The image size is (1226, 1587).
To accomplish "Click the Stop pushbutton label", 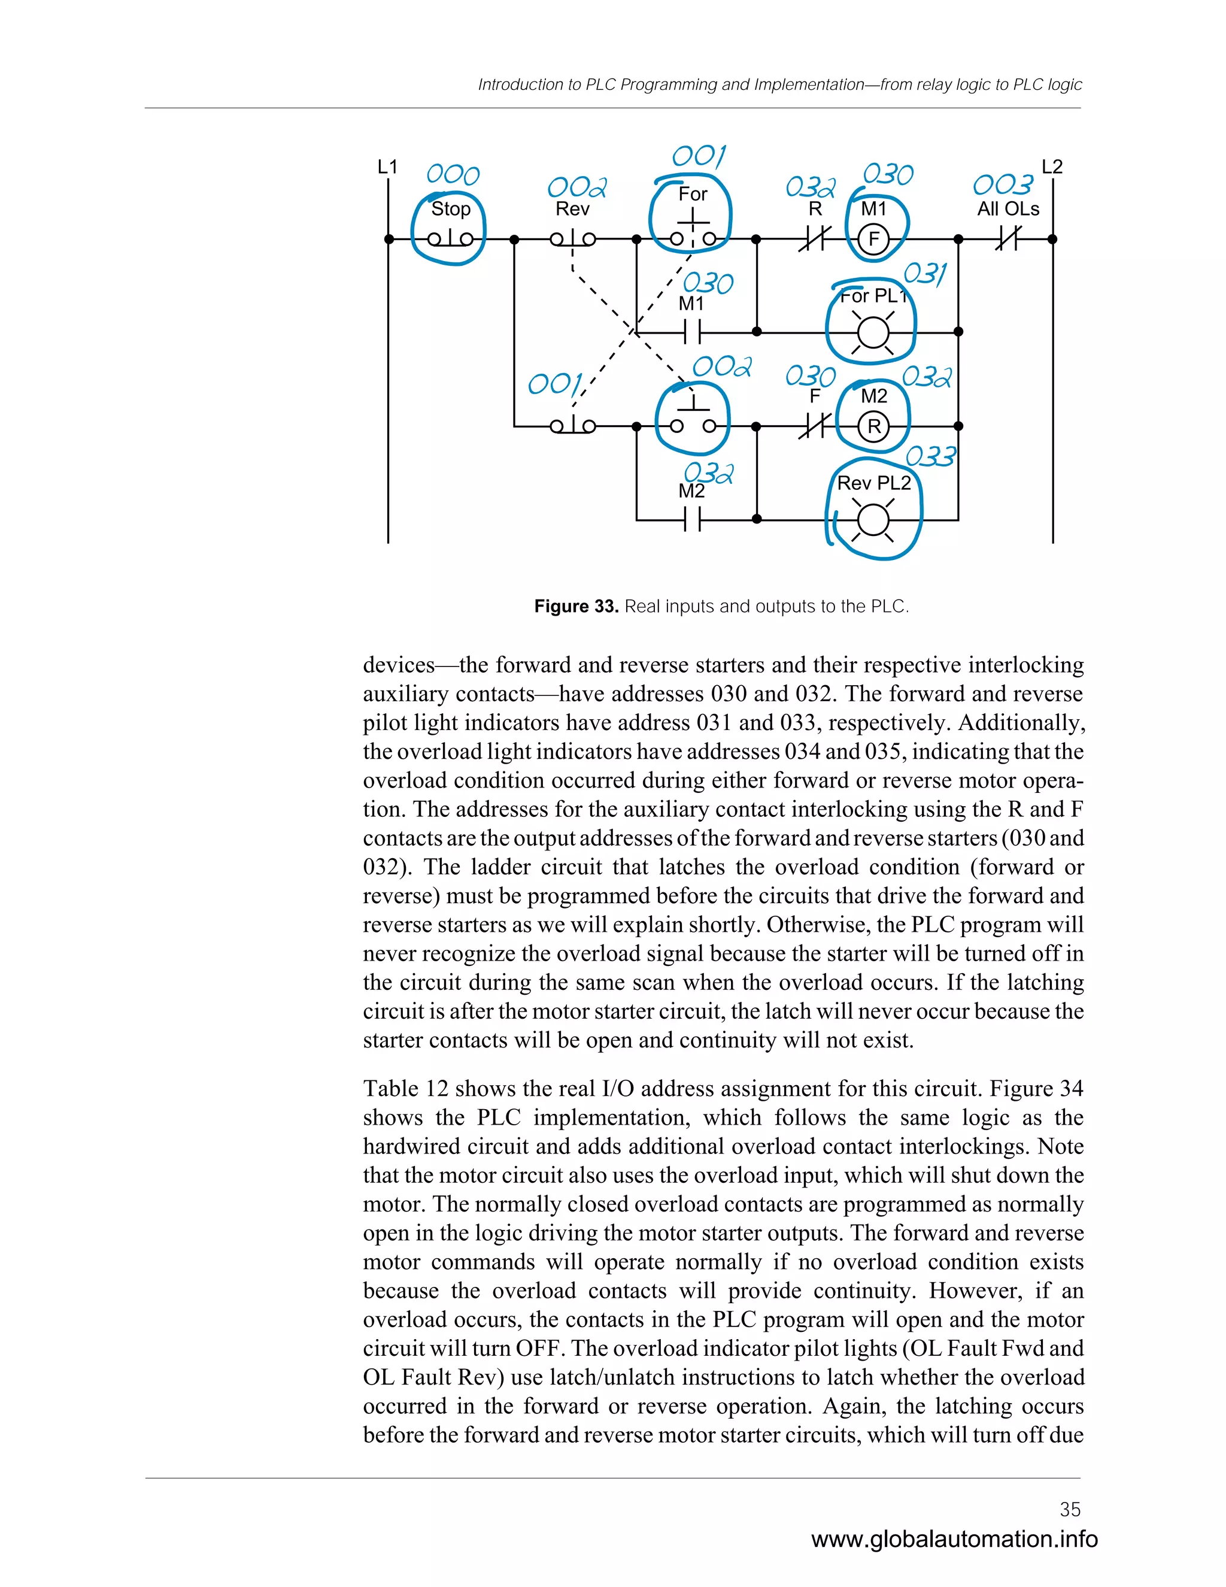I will click(x=451, y=209).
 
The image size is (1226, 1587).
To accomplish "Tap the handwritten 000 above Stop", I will click(x=453, y=174).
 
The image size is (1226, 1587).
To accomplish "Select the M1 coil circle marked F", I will click(x=874, y=239).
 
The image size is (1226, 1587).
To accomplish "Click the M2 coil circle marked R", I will click(x=874, y=426).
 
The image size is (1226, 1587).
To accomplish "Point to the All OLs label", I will click(x=1007, y=209).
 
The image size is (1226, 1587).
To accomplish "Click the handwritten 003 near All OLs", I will click(x=1003, y=184).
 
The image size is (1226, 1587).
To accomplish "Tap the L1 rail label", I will click(x=387, y=167).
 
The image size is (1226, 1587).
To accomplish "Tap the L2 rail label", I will click(x=1052, y=167).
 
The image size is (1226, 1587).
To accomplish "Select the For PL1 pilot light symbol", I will click(x=873, y=333).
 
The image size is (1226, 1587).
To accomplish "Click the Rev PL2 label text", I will click(x=874, y=483).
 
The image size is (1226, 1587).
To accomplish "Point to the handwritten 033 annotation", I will click(x=931, y=456).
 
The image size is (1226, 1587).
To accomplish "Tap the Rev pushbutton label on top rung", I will click(x=572, y=209).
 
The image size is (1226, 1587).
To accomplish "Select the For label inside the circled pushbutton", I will click(x=692, y=194).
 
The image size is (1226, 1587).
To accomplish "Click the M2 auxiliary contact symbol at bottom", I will click(x=692, y=520).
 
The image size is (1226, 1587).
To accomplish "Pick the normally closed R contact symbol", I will click(x=815, y=238).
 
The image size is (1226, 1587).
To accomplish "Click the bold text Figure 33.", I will click(x=575, y=606).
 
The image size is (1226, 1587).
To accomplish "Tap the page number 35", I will click(x=1070, y=1509).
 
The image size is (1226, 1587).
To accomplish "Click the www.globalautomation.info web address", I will click(x=954, y=1538).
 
